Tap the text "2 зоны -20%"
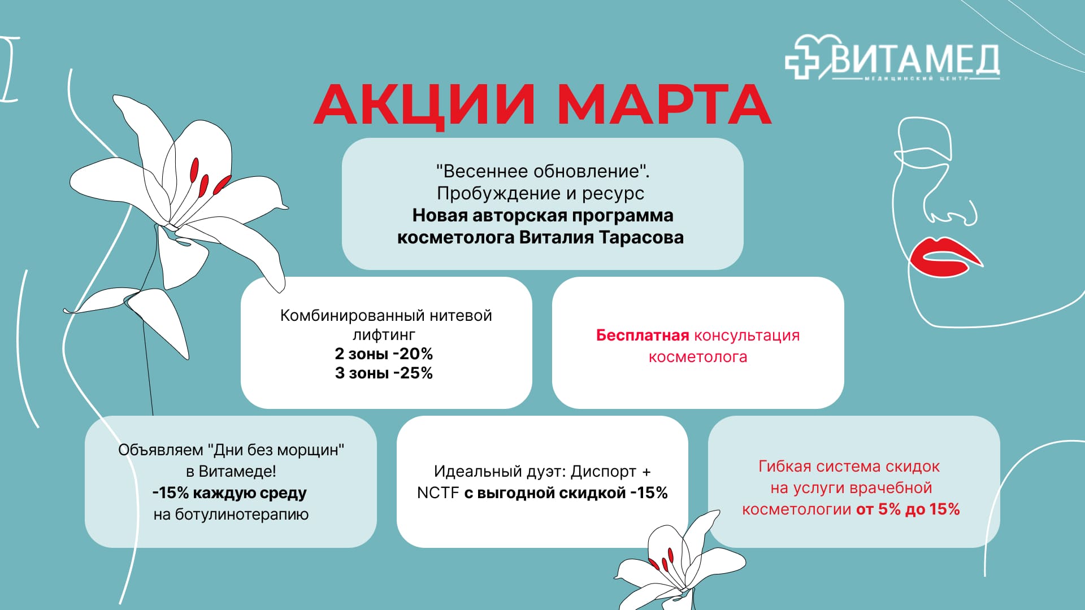tap(384, 354)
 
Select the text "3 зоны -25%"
tap(384, 373)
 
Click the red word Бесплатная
tap(642, 335)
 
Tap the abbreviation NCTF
tap(438, 493)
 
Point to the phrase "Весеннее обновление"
tap(542, 171)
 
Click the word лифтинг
tap(384, 334)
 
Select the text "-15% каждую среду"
tap(229, 493)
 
